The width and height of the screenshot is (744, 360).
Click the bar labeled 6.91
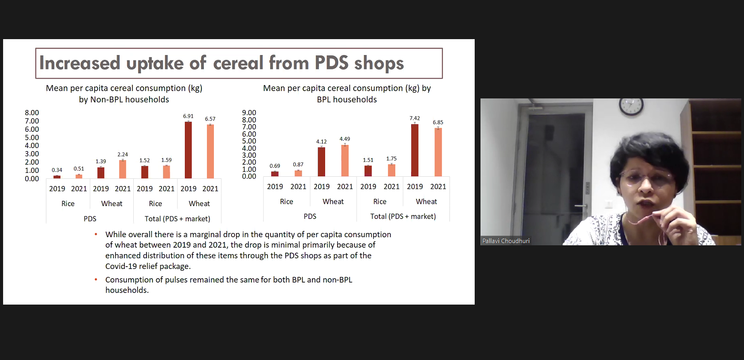tap(188, 150)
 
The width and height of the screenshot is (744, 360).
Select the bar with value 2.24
tap(122, 169)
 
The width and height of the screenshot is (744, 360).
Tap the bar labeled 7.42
tap(415, 150)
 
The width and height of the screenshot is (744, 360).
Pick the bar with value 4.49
tap(345, 160)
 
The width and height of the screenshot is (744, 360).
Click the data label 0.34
tap(57, 170)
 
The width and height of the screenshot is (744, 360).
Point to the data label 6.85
tap(438, 122)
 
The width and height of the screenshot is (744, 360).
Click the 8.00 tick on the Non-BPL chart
tap(32, 113)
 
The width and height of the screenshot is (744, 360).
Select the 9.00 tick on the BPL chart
tap(249, 113)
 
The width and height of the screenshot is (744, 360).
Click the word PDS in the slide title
tap(332, 63)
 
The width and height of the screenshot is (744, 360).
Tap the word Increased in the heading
tap(80, 63)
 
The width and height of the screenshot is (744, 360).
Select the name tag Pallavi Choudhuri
tap(506, 241)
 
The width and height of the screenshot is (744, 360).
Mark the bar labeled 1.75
tap(391, 170)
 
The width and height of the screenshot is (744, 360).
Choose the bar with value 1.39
tap(101, 173)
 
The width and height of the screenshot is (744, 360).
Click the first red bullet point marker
tap(96, 234)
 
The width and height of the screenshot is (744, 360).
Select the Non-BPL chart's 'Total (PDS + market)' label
tap(177, 219)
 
